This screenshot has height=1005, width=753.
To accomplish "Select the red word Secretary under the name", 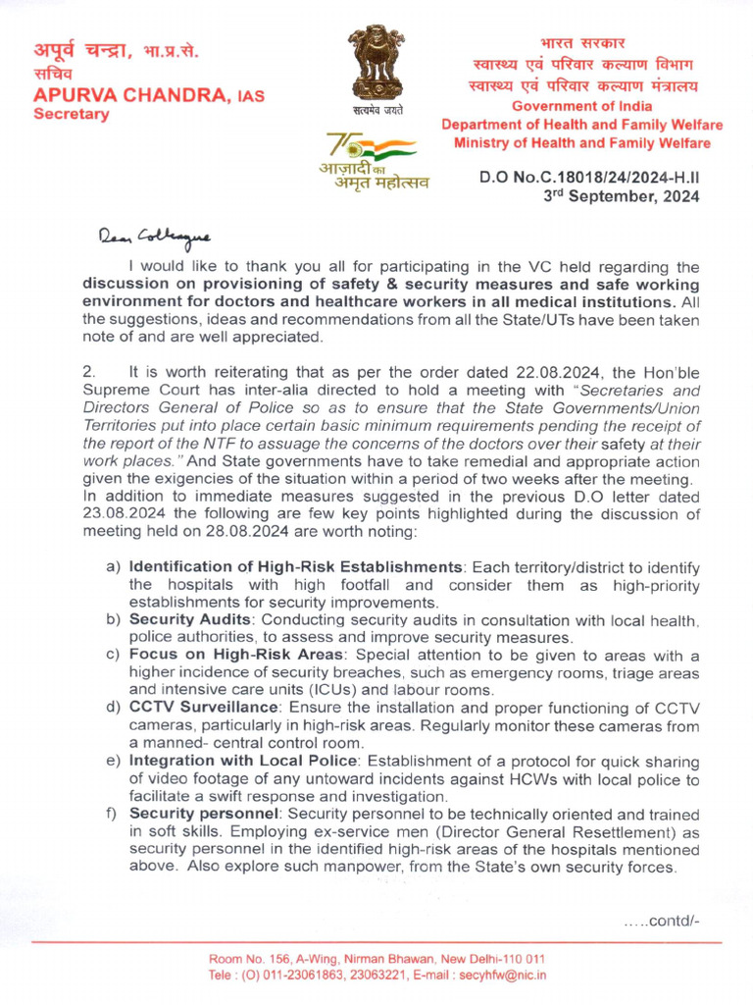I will [72, 114].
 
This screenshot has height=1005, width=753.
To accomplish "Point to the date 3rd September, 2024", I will [622, 195].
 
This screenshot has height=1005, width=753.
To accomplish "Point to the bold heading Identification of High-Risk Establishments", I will [295, 567].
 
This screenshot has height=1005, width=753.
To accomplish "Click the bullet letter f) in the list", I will [112, 815].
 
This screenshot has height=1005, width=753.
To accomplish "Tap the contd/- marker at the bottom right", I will [661, 920].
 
